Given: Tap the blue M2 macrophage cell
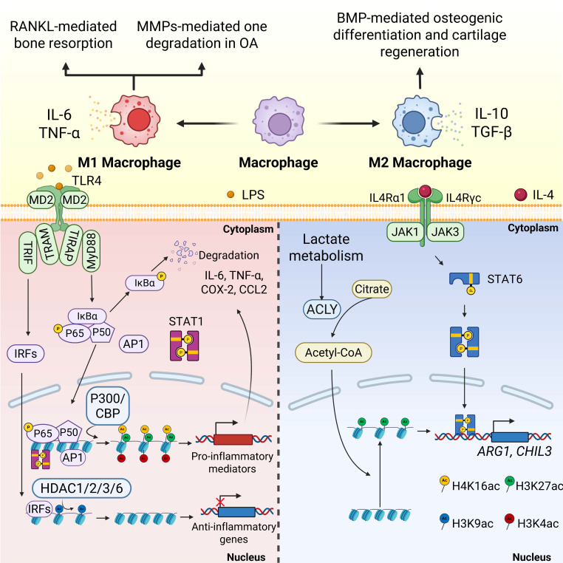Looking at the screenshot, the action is (417, 121).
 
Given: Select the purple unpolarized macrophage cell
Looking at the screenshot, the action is (279, 121).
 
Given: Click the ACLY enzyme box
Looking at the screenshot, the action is (321, 309).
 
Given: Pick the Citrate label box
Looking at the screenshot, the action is (372, 289).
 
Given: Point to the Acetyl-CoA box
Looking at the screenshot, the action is (333, 352).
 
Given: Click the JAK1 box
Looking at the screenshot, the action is (405, 232).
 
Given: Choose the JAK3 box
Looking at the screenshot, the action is (445, 232).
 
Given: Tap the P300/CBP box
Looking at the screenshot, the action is (107, 406).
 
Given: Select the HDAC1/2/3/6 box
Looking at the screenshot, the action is (81, 488).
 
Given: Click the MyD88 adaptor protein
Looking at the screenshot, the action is (91, 250).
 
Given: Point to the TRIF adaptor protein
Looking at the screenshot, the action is (27, 253).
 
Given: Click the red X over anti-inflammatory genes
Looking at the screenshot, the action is (220, 502).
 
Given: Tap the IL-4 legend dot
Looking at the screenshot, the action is (520, 194).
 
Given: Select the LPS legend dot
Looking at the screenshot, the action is (231, 194).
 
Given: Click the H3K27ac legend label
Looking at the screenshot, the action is (539, 486).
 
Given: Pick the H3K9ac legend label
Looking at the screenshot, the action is (472, 524).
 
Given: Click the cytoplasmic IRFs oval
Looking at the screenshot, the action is (26, 354).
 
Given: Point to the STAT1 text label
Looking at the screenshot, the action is (186, 321).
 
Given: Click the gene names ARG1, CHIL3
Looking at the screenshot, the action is (514, 451).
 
